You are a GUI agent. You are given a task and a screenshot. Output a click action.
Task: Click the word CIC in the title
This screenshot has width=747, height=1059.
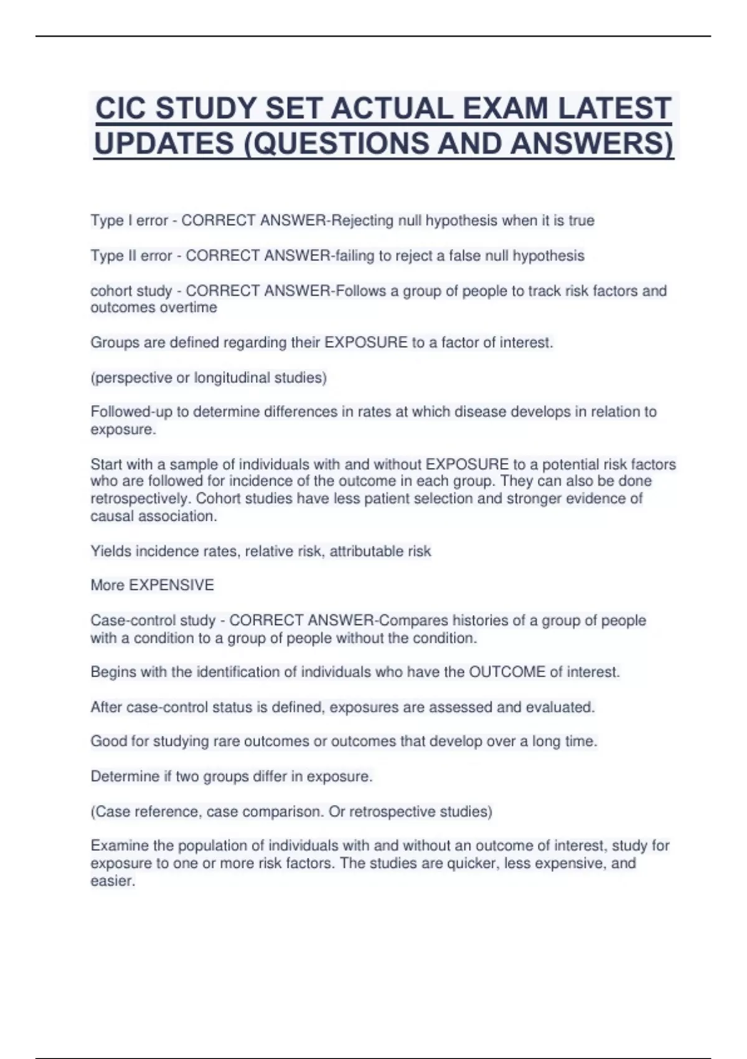click(120, 108)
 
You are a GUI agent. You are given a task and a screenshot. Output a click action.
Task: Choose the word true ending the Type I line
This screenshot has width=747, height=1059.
click(581, 221)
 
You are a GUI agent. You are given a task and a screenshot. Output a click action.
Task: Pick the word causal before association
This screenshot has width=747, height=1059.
click(111, 516)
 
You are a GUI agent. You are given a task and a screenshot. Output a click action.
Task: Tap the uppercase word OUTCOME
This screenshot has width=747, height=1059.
click(507, 673)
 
